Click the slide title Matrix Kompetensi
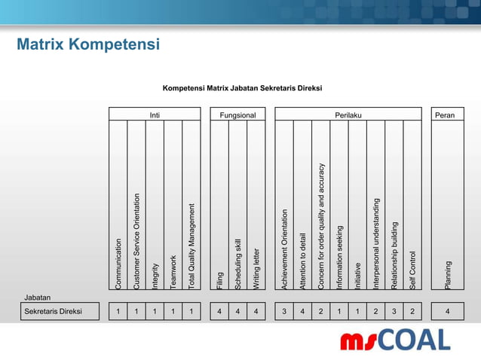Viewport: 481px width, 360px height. coord(89,45)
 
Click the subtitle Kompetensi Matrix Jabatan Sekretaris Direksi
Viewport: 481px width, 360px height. coord(242,88)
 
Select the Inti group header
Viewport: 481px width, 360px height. coord(155,114)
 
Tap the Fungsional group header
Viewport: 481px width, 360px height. coord(237,114)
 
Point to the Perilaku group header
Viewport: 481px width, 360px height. coord(348,114)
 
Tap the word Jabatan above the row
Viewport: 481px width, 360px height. coord(37,297)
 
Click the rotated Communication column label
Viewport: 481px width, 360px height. coord(118,263)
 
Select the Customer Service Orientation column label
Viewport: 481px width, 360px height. coord(136,241)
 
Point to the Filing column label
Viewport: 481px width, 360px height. coord(219,279)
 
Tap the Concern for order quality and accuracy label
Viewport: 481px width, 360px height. coord(320,226)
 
